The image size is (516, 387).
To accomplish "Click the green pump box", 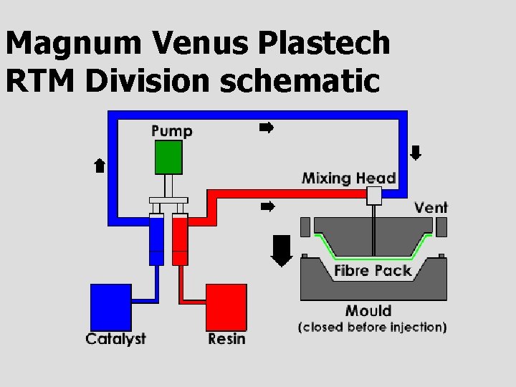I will point(168,158).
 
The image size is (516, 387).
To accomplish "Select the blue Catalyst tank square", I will point(111,307).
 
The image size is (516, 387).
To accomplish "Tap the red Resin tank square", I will point(226,307).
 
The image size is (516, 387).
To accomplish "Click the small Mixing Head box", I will point(373,195).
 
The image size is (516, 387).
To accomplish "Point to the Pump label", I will point(172,130).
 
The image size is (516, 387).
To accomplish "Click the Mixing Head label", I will point(348,177).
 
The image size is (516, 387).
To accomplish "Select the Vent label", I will point(431,208).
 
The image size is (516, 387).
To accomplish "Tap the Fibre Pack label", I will point(373,270).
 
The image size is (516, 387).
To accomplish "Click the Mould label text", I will point(368,310).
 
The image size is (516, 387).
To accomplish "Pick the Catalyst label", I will point(115,338).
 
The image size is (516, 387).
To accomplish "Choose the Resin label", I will point(226,338).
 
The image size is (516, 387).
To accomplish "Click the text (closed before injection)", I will point(372,327).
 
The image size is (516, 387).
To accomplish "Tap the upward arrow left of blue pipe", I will point(100,166).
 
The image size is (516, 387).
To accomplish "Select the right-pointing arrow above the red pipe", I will point(267,207).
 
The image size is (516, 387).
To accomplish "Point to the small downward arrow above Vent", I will point(416,153).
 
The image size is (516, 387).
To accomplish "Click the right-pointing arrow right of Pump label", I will point(267,128).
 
